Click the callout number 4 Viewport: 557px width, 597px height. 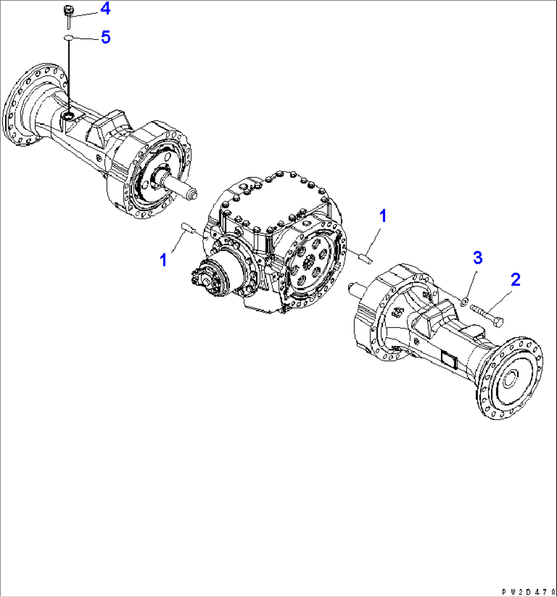pos(104,8)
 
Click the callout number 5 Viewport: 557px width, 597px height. pos(105,37)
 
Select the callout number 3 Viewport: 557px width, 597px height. pos(477,258)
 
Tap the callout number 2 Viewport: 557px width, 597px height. pos(515,279)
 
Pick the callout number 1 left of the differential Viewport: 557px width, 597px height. pos(164,261)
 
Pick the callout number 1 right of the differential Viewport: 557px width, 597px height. pos(382,216)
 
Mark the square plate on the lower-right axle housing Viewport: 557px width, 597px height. pos(449,360)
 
